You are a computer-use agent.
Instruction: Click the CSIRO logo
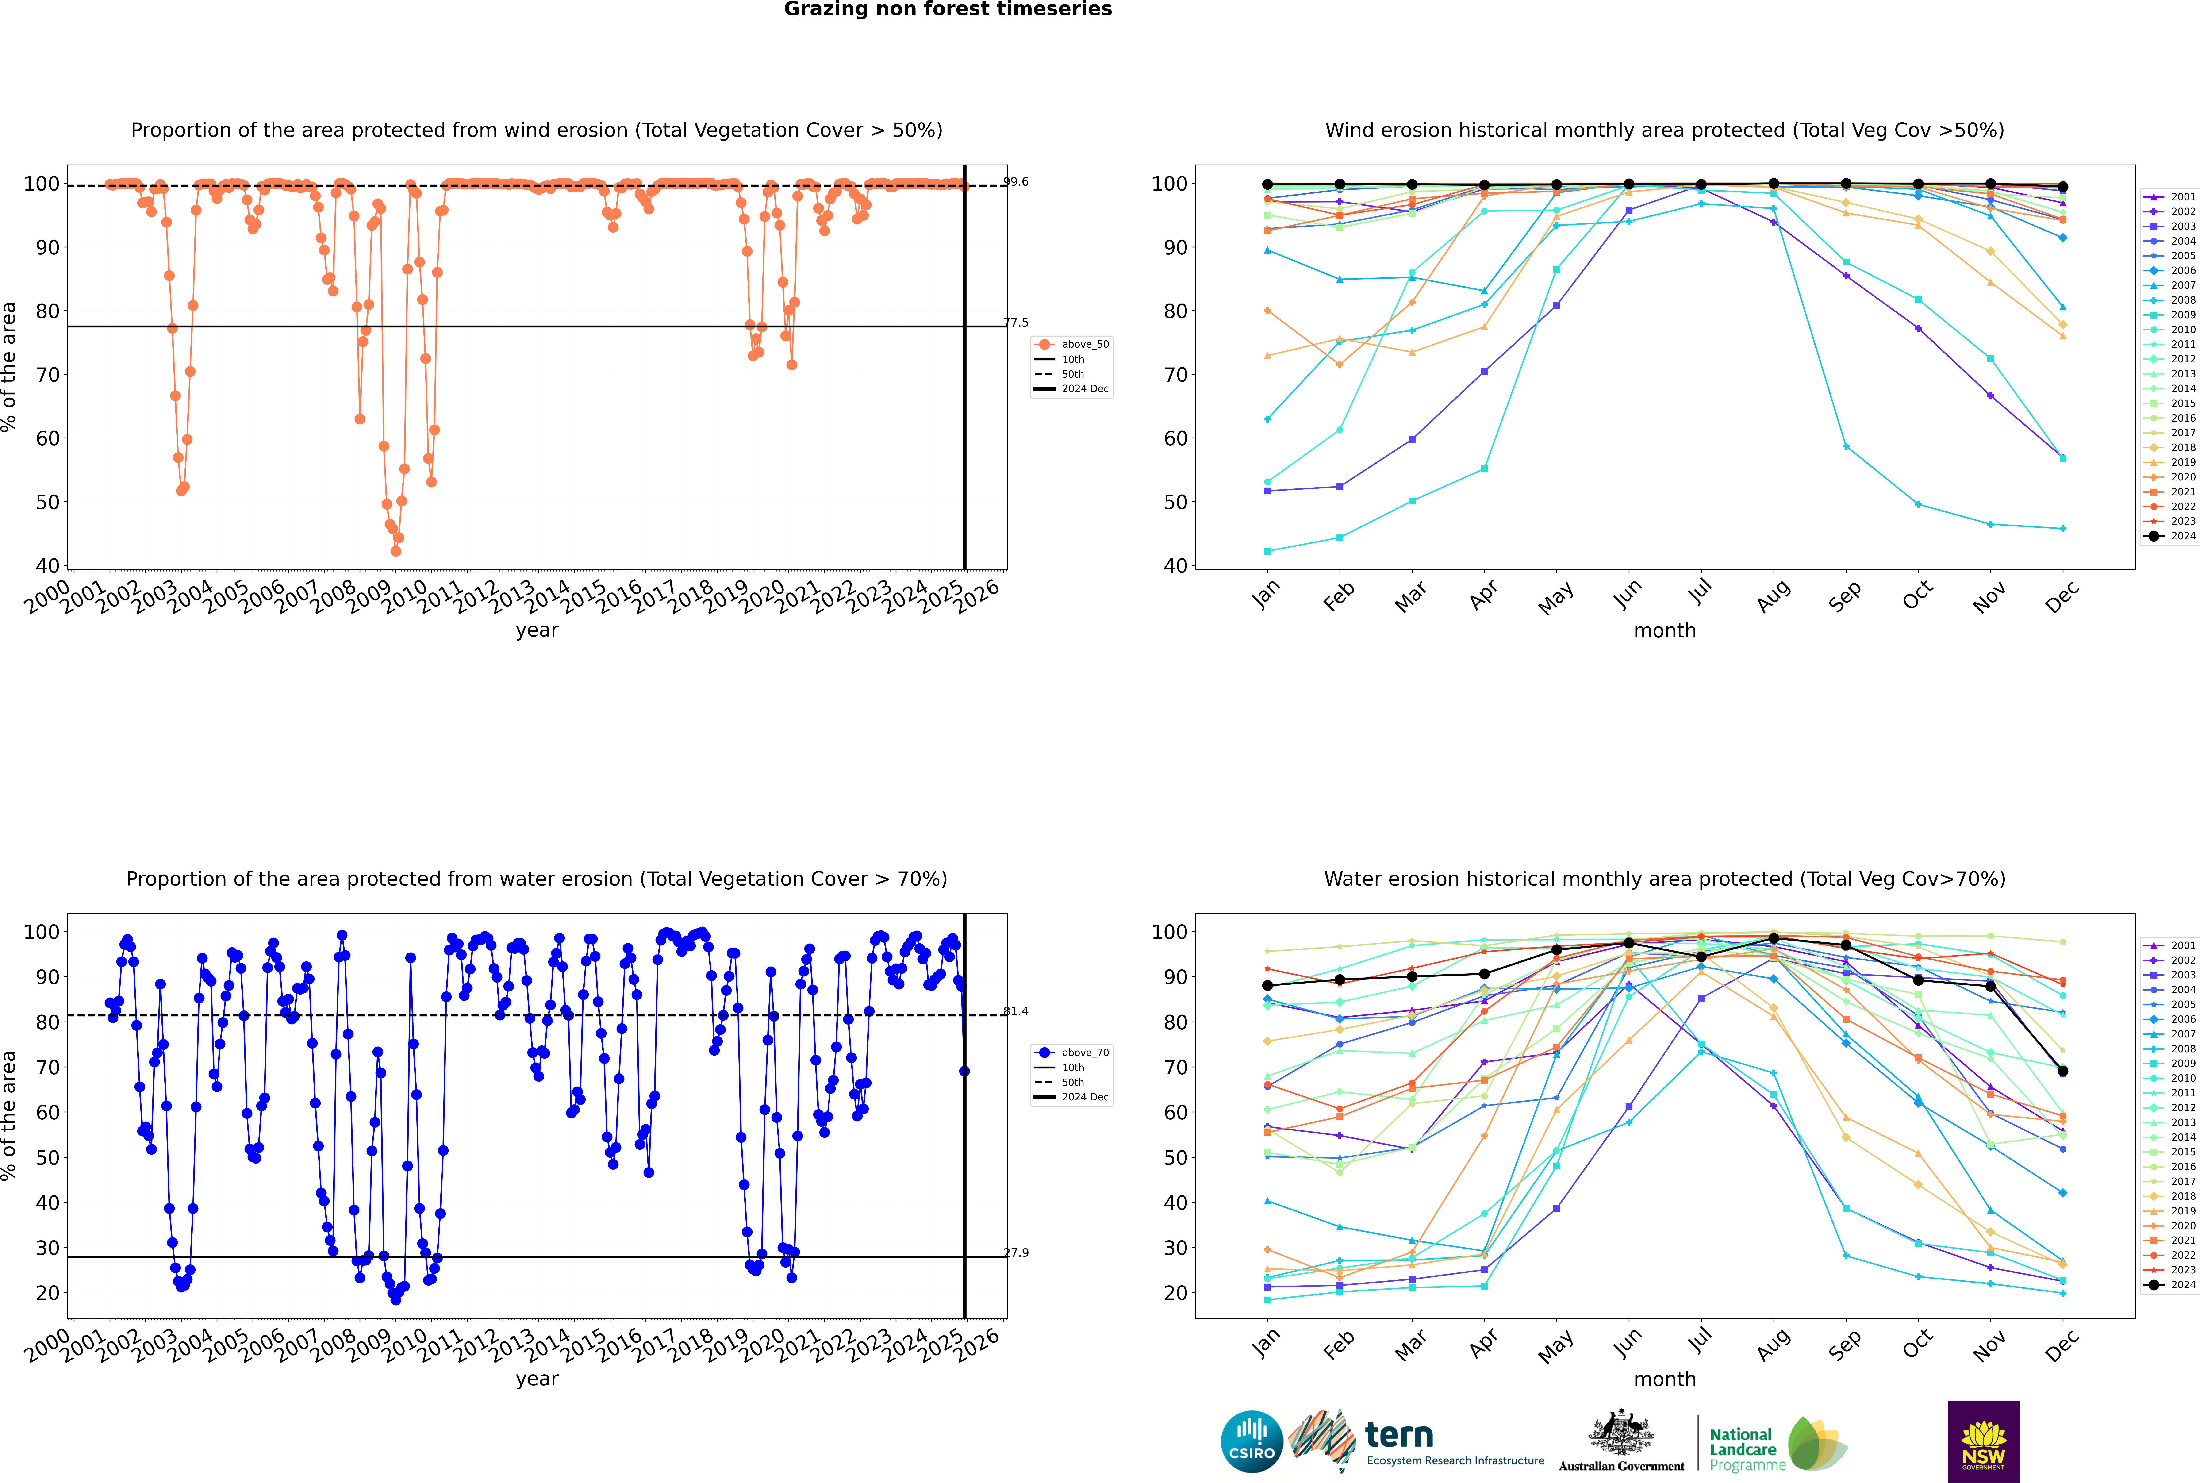click(x=1251, y=1441)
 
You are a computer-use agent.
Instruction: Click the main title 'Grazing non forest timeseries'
click(x=948, y=9)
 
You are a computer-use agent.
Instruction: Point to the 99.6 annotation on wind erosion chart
click(x=1016, y=182)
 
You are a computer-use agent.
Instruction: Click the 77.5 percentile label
click(x=1016, y=323)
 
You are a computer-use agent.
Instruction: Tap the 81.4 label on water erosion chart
click(x=1016, y=1011)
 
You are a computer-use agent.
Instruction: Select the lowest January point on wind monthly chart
click(x=1267, y=550)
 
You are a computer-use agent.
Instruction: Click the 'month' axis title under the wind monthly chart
click(x=1665, y=631)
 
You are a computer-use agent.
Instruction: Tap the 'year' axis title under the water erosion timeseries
click(x=537, y=1379)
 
